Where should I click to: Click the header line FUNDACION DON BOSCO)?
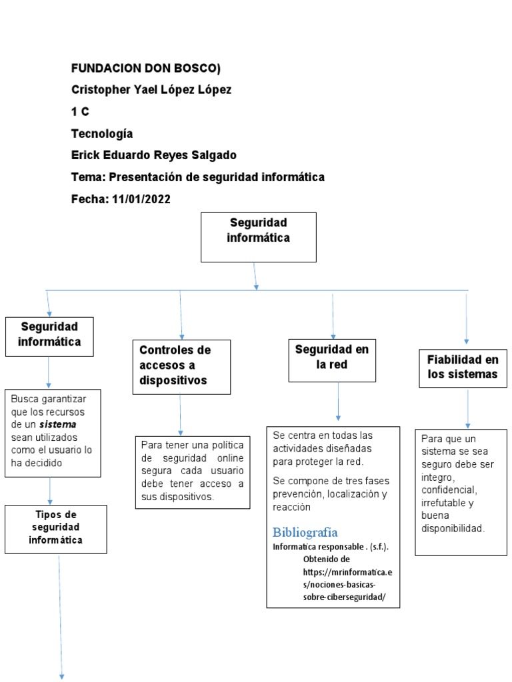point(145,69)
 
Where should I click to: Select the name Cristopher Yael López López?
point(151,90)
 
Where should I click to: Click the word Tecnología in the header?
point(102,133)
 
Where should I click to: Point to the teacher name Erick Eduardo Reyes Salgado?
point(153,155)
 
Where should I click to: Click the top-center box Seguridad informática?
point(258,236)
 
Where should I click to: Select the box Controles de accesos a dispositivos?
point(181,366)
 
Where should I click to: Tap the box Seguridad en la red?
point(331,360)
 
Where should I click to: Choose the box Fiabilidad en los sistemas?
point(462,367)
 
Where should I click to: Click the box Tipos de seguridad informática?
point(55,529)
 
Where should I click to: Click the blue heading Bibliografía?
point(305,532)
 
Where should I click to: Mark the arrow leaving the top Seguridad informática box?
point(255,276)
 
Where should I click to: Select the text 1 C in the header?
point(80,112)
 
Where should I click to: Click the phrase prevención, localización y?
point(329,494)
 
